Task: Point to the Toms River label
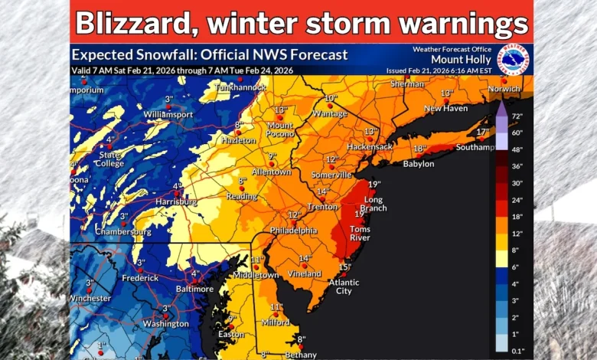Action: [x=360, y=234]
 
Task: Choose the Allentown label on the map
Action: [x=272, y=172]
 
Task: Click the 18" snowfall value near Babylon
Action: [x=419, y=149]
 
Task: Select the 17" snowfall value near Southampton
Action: [x=482, y=132]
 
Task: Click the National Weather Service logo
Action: [x=511, y=60]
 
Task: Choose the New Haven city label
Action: [x=445, y=109]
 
